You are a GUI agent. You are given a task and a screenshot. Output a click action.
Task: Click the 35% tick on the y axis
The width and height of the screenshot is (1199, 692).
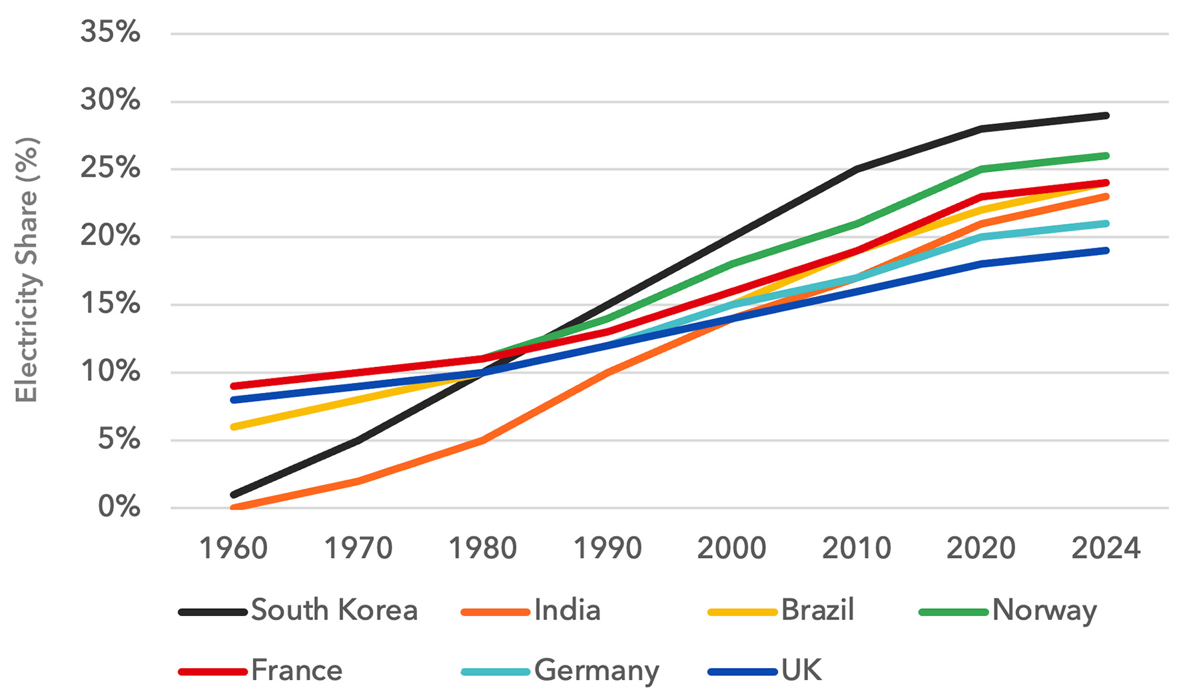click(x=111, y=32)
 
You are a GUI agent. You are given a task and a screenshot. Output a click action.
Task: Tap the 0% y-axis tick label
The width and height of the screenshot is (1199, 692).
click(x=119, y=508)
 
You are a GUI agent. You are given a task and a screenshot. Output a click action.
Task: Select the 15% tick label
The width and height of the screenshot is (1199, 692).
click(x=111, y=304)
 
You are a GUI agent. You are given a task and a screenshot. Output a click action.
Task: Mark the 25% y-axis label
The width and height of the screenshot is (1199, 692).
click(x=111, y=168)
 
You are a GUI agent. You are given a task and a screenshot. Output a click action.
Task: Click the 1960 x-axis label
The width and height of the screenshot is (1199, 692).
click(x=234, y=549)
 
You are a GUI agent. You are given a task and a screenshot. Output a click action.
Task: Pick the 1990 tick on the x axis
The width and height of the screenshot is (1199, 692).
click(x=607, y=549)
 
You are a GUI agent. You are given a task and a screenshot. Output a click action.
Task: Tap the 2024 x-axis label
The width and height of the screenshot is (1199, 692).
click(x=1106, y=549)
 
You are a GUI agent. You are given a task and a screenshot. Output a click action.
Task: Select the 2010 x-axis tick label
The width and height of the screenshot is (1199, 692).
click(x=857, y=549)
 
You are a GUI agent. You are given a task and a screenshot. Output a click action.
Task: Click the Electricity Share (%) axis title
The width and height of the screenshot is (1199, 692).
click(x=27, y=270)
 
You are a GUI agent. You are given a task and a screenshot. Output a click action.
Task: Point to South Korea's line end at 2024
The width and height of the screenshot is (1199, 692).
click(x=1106, y=116)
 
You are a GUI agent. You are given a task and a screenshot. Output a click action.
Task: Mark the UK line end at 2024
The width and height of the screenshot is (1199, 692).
click(x=1106, y=250)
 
